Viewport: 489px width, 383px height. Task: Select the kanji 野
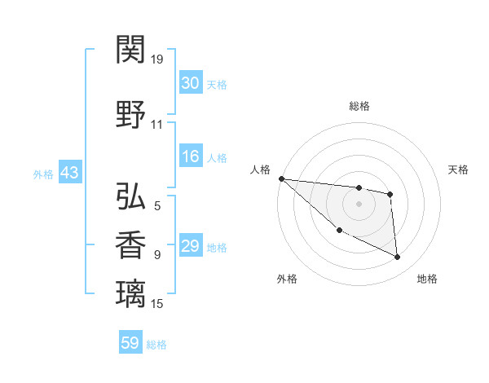point(131,114)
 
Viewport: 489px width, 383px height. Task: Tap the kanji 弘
point(131,196)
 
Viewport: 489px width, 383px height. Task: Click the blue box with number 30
point(191,83)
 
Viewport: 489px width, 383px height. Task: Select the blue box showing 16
point(191,157)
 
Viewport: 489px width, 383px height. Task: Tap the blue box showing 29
point(191,247)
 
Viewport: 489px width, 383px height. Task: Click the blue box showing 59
point(130,343)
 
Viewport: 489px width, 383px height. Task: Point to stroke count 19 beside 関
point(157,59)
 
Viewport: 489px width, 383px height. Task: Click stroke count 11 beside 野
point(157,125)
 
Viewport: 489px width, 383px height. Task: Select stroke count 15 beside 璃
point(157,303)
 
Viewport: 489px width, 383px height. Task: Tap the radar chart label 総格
point(359,106)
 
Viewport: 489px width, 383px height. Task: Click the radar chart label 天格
point(458,169)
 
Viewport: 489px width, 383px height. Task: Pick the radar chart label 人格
point(260,169)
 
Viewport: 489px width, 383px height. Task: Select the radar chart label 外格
point(287,280)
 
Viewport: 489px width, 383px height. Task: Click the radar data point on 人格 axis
point(281,178)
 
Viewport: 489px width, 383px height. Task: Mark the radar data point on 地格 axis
point(398,258)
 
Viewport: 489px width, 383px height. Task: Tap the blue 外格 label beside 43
point(43,174)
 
